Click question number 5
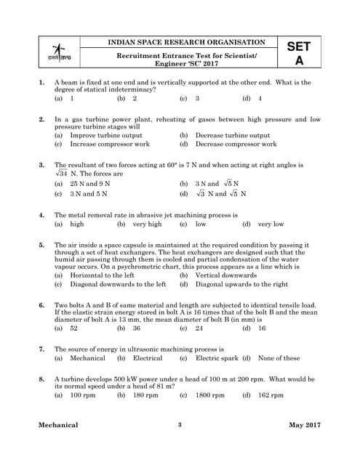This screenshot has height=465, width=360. pyautogui.click(x=42, y=246)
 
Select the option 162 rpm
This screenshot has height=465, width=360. pyautogui.click(x=271, y=395)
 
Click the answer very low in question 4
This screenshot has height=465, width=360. pyautogui.click(x=271, y=225)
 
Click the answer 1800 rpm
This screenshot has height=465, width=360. pyautogui.click(x=210, y=395)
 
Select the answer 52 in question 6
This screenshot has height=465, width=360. pyautogui.click(x=74, y=328)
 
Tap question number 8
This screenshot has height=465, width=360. pyautogui.click(x=42, y=379)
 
